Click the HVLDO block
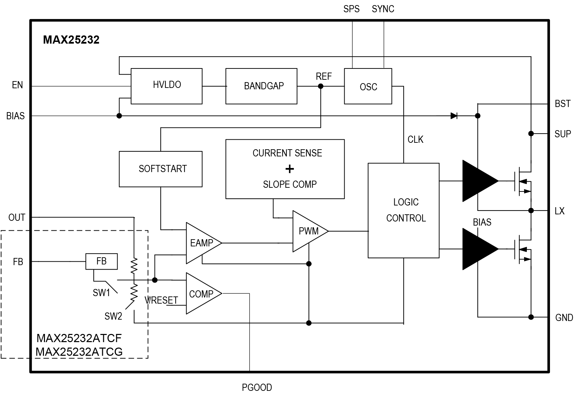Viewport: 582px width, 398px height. coord(167,86)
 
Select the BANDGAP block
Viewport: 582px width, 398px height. coord(261,86)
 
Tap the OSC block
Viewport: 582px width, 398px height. coord(368,87)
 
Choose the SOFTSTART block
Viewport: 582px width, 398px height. coord(160,169)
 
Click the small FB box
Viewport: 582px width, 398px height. coord(101,261)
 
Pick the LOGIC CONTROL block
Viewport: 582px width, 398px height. coord(404,210)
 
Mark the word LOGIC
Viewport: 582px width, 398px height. coord(406,202)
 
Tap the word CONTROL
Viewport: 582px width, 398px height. coord(406,218)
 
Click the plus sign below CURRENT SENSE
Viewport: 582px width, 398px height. coord(289,169)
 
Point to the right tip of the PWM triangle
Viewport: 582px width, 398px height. coord(327,231)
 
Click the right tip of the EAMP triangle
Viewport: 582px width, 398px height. coord(220,243)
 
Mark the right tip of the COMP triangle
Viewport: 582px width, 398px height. coord(220,293)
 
